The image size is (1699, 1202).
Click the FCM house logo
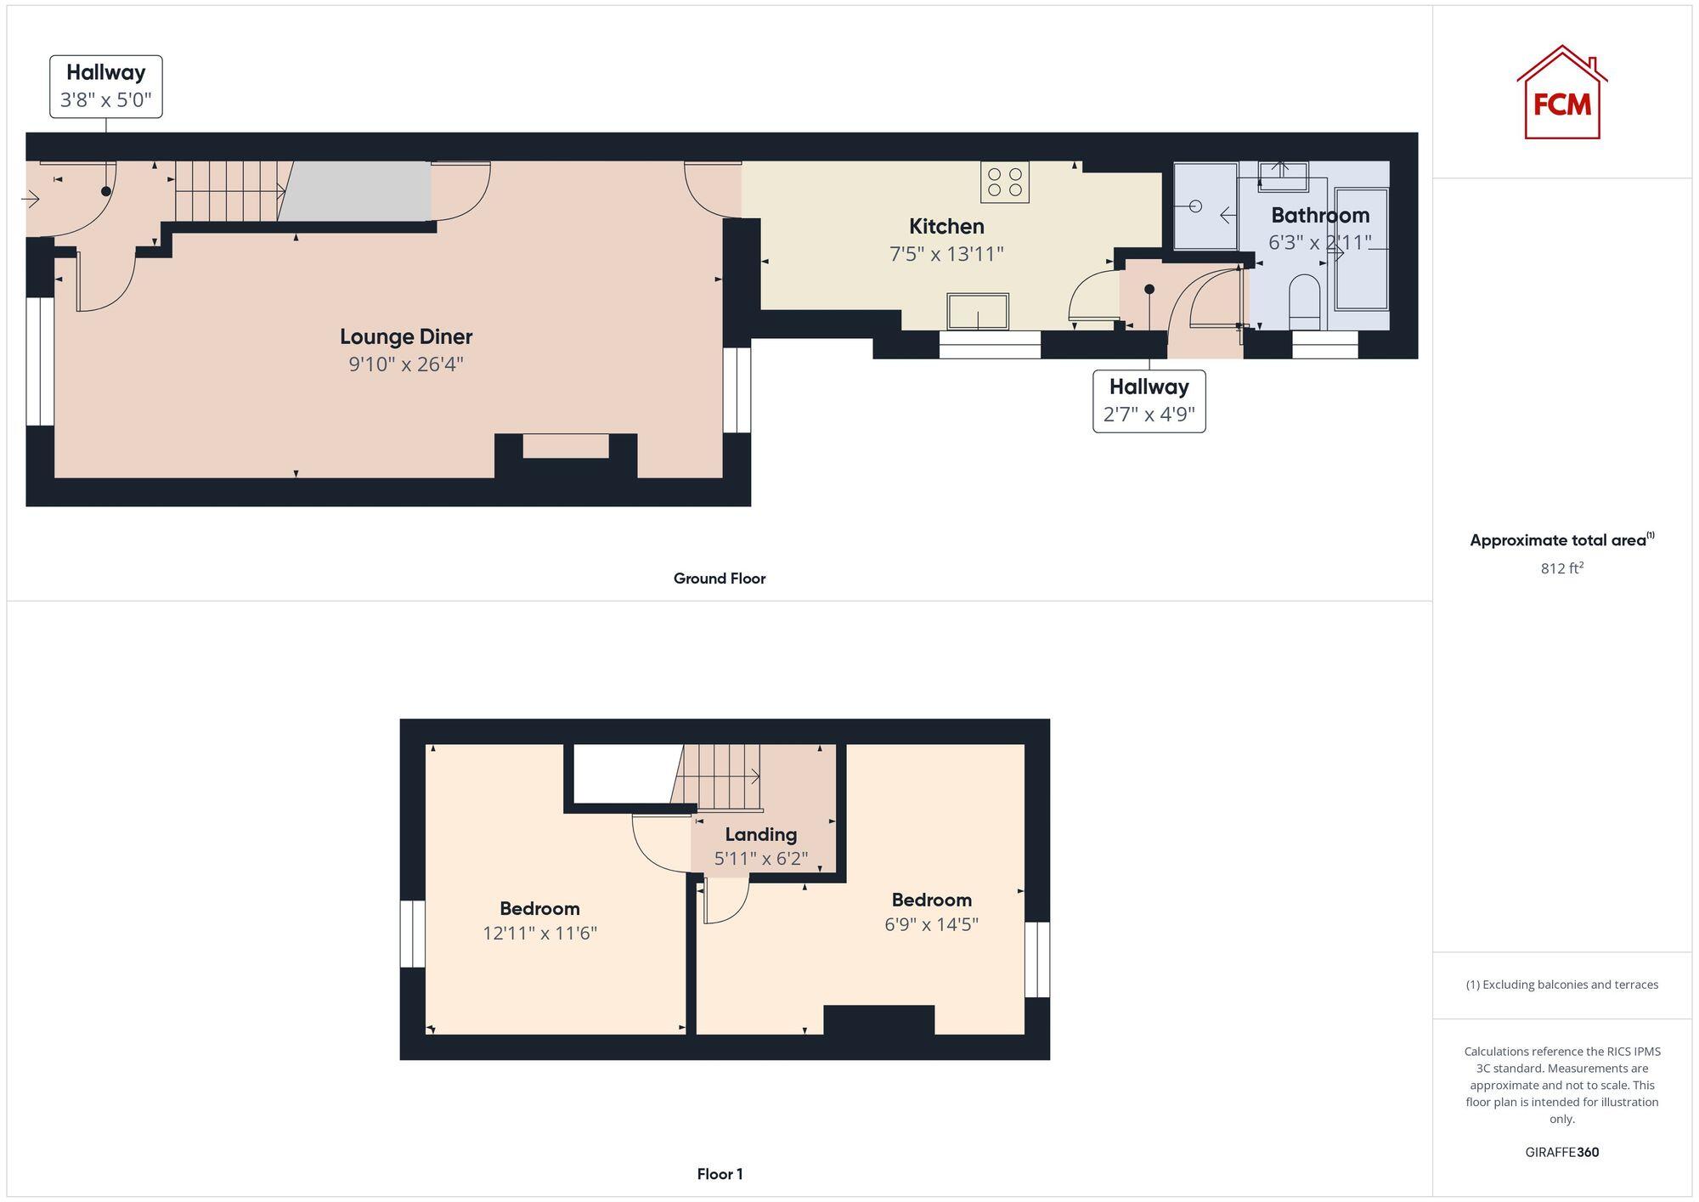[x=1561, y=93]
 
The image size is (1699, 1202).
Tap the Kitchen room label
[x=946, y=227]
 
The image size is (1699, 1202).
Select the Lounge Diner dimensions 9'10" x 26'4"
[x=406, y=364]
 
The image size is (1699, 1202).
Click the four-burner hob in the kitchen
[x=1004, y=183]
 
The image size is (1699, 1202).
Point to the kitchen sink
[x=978, y=311]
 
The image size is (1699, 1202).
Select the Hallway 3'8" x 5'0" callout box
[x=106, y=87]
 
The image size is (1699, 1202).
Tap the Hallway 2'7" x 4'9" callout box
[x=1149, y=401]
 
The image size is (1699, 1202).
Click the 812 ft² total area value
[x=1561, y=568]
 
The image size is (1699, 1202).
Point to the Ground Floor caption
[x=720, y=578]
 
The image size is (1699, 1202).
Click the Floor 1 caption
[x=720, y=1174]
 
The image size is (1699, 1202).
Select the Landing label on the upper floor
[x=760, y=834]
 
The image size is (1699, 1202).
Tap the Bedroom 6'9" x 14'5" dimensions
[x=931, y=924]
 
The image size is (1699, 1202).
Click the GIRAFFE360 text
[x=1561, y=1153]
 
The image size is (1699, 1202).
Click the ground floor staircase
[x=229, y=192]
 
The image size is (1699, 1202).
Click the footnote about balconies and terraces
[x=1561, y=985]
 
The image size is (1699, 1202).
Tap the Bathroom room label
[x=1320, y=215]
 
